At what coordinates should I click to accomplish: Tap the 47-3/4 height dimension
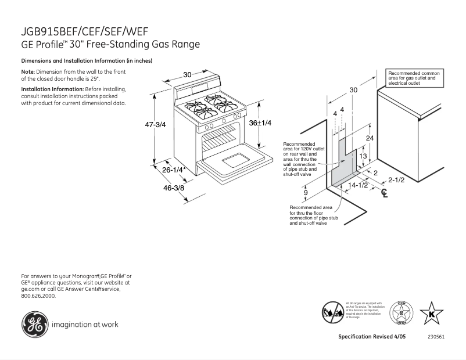click(155, 124)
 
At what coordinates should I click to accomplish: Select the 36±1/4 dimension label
click(261, 123)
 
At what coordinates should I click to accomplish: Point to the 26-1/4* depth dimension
click(174, 170)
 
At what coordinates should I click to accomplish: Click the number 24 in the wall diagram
click(370, 138)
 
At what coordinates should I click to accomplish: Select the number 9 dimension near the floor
click(306, 192)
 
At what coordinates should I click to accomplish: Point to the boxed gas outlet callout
click(414, 78)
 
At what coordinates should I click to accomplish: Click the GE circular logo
click(34, 324)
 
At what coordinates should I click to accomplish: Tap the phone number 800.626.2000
click(38, 296)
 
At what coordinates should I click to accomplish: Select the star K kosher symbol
click(431, 314)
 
